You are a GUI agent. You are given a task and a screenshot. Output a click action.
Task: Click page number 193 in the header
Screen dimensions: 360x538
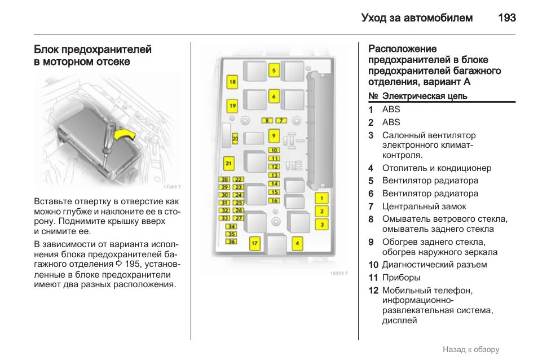(506, 18)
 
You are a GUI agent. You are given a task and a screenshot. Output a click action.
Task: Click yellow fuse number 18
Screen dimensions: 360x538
(232, 82)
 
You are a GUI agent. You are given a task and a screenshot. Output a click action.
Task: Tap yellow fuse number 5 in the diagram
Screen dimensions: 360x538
(274, 71)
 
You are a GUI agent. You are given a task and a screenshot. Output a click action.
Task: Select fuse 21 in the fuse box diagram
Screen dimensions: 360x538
(228, 164)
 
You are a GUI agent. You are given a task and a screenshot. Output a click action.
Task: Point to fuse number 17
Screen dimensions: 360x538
(254, 244)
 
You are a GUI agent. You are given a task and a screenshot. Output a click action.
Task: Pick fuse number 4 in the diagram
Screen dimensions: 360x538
(297, 244)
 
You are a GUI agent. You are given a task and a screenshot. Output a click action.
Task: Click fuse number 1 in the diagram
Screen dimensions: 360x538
(321, 199)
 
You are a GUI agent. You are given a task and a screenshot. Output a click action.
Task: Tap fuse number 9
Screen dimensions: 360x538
(274, 135)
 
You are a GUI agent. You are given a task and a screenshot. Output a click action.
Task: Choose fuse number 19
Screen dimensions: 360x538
(232, 106)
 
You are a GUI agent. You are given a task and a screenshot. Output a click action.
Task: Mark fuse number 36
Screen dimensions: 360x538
(231, 242)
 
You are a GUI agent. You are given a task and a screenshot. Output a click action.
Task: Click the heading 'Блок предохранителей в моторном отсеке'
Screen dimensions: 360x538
(92, 56)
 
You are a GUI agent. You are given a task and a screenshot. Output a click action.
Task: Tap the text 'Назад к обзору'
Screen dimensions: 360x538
(470, 350)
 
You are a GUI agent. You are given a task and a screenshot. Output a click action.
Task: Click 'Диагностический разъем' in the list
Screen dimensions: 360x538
(434, 265)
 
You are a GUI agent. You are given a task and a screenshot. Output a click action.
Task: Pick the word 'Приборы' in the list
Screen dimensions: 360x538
(401, 278)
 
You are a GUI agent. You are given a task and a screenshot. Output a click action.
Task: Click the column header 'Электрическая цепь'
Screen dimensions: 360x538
(425, 96)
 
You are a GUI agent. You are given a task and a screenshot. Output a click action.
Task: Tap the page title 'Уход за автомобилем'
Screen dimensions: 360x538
(417, 18)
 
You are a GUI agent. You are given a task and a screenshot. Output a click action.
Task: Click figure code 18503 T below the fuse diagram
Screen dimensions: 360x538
(338, 274)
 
